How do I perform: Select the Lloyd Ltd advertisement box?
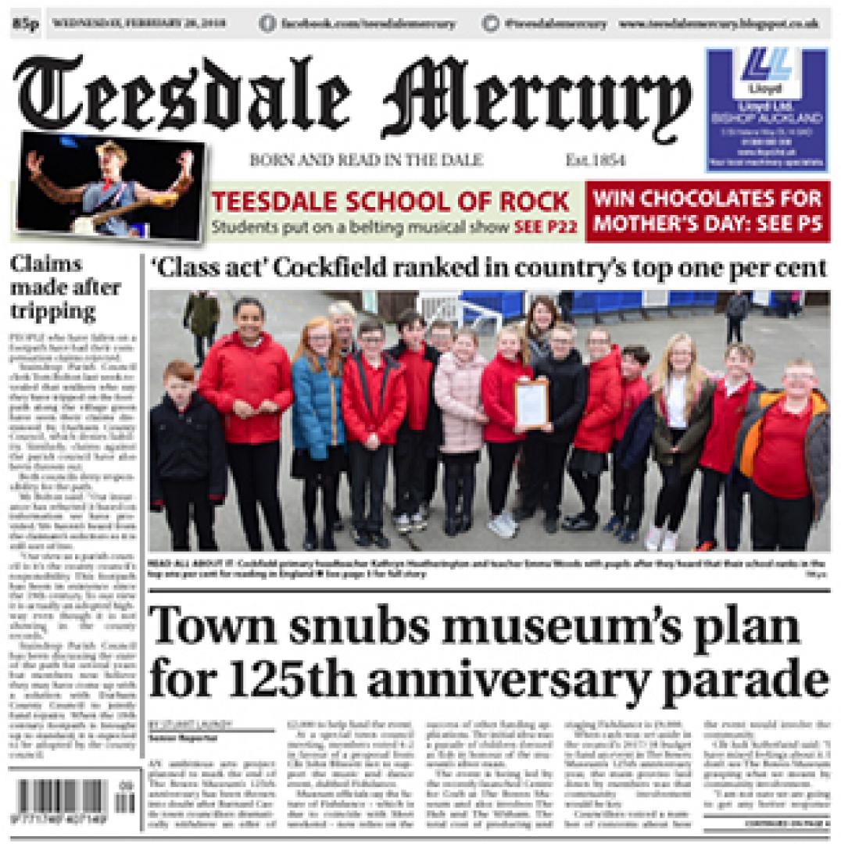pyautogui.click(x=765, y=110)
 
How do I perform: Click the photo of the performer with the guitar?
pyautogui.click(x=109, y=185)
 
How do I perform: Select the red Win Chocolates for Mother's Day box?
pyautogui.click(x=708, y=211)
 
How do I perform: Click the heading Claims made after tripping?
pyautogui.click(x=66, y=288)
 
